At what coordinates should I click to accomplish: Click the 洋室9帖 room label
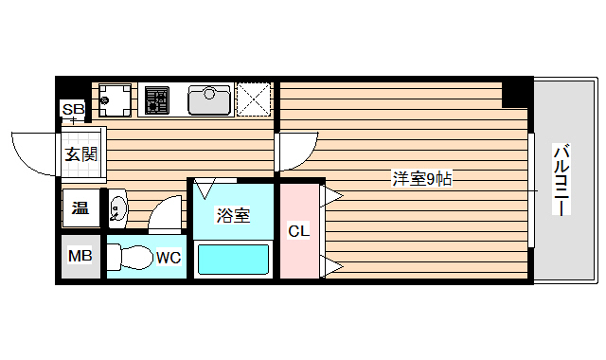coord(423,177)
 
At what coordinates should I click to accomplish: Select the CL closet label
coord(299,230)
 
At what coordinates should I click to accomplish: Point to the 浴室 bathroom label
coord(233,215)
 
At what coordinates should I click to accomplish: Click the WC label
coord(169,257)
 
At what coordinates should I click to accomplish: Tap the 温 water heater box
coord(79,207)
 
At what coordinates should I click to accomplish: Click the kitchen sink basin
coord(209,99)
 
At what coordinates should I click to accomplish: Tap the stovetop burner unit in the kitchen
coord(156,98)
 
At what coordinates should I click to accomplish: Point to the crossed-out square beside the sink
coord(254,99)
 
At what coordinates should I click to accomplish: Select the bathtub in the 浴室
coord(233,259)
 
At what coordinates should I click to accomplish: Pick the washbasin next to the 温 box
coord(116,208)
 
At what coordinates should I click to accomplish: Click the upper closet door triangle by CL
coord(332,196)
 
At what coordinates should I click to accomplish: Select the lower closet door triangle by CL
coord(332,266)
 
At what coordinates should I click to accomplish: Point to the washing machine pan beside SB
coord(116,98)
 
